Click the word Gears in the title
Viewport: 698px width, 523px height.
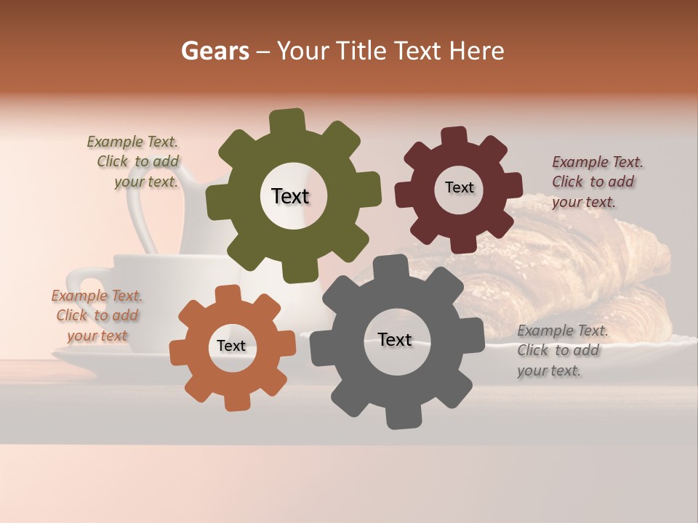click(214, 51)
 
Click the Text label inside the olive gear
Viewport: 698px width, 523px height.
click(290, 196)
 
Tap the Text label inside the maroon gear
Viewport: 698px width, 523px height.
click(459, 187)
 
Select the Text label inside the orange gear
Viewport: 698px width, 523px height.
click(231, 346)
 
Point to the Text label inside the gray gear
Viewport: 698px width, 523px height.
click(395, 340)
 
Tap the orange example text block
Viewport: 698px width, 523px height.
click(97, 316)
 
